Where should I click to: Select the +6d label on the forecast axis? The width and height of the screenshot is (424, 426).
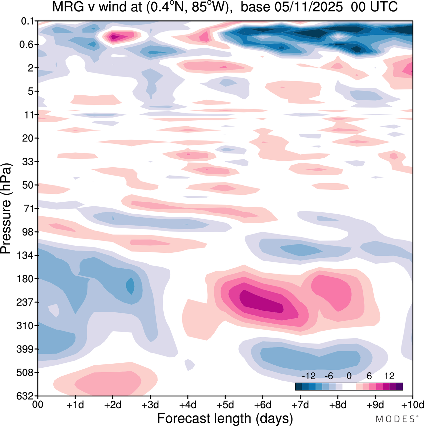coord(263,405)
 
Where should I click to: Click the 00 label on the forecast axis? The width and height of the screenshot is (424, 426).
coord(38,405)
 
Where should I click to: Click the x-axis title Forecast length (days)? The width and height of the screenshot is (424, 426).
coord(225,418)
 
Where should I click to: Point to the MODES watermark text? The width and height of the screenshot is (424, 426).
coord(395,419)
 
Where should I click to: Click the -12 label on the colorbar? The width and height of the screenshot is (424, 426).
coord(309,376)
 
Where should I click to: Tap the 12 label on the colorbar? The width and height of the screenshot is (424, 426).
coord(389,376)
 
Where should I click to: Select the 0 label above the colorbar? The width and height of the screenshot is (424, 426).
coord(349,376)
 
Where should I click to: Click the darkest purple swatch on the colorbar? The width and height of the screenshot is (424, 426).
coord(399,386)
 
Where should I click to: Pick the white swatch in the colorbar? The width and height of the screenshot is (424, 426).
coord(349,386)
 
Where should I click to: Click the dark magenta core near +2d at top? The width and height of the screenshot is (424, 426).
coord(114,37)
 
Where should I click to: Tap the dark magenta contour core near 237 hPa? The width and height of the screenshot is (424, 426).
coord(262,301)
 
